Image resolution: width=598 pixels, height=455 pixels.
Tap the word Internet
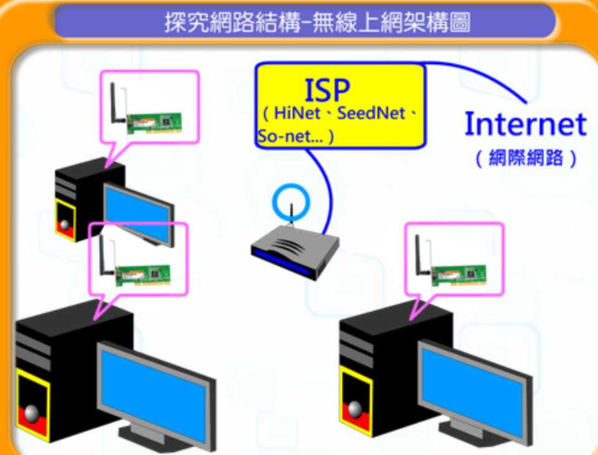[x=525, y=124]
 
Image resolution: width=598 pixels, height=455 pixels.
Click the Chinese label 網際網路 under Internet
[x=526, y=158]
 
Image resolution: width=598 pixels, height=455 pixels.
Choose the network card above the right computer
[x=458, y=273]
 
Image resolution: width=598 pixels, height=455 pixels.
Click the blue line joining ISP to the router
[x=327, y=187]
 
